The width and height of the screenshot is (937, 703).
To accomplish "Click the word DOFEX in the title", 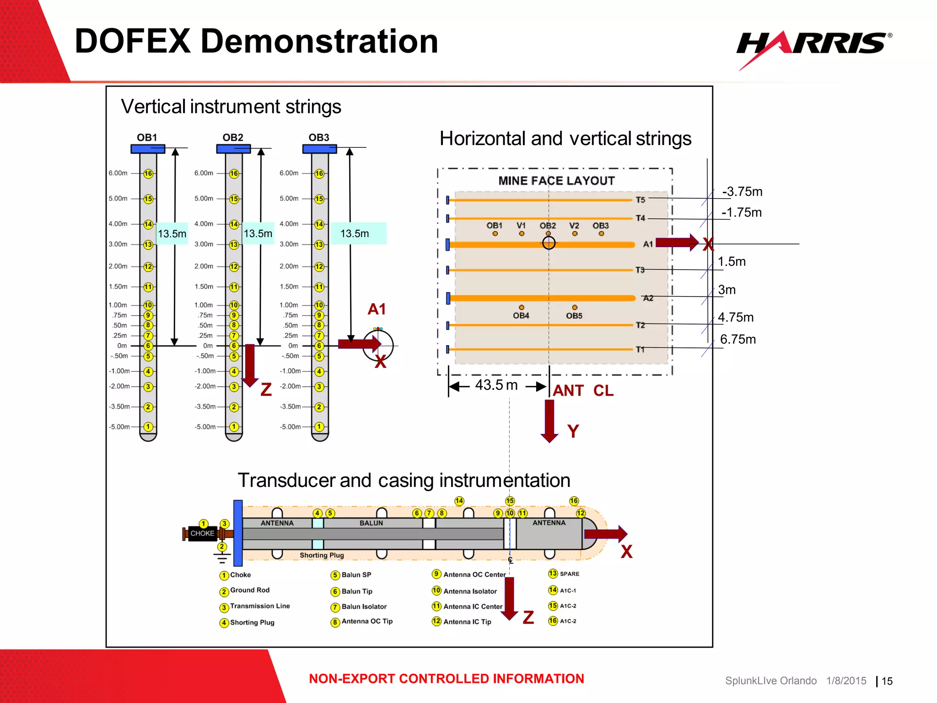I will (x=133, y=41).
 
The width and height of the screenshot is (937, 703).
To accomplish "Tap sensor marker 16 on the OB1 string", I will (x=148, y=173).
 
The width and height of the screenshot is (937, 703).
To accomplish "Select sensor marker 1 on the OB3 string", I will (x=319, y=427).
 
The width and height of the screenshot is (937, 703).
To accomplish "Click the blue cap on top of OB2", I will (x=233, y=149).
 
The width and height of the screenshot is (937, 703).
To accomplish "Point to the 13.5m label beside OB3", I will (x=355, y=233).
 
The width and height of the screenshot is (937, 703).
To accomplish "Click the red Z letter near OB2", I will (x=266, y=390).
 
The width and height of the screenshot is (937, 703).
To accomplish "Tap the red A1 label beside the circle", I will (x=377, y=309).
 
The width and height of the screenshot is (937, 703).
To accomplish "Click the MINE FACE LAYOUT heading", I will (x=556, y=181).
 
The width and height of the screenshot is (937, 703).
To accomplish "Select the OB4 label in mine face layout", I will (x=521, y=316).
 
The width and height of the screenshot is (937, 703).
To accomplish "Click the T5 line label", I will (x=640, y=200).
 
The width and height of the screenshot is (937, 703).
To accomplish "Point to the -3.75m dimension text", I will (x=742, y=191).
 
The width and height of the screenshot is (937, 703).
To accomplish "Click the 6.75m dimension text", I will (x=738, y=339).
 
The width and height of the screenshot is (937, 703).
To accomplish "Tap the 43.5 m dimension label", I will (x=496, y=385).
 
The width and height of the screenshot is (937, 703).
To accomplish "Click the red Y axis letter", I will (x=573, y=431).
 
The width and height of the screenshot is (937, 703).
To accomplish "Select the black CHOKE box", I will (x=202, y=533).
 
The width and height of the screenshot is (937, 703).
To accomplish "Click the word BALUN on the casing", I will (x=371, y=523).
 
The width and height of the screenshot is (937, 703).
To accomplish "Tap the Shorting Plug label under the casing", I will (x=322, y=555).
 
